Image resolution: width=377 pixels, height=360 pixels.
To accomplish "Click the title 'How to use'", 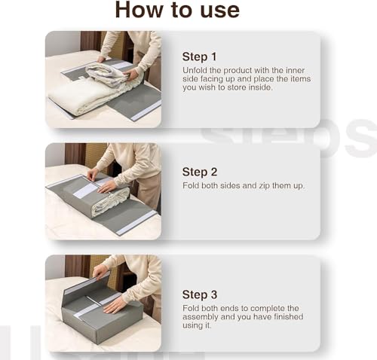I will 176,11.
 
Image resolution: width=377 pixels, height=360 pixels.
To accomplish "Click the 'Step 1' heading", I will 199,56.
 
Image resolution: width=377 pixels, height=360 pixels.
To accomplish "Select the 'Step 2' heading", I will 199,171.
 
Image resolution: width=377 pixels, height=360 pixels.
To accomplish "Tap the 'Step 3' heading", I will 199,294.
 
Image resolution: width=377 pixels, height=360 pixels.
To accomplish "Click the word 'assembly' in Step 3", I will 201,317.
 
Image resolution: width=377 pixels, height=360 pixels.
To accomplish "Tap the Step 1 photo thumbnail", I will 103,79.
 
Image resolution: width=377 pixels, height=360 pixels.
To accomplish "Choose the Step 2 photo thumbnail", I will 103,191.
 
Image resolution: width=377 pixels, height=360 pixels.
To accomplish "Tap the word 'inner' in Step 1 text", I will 291,70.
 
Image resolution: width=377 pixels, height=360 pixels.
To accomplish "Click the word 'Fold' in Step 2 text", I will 191,185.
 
